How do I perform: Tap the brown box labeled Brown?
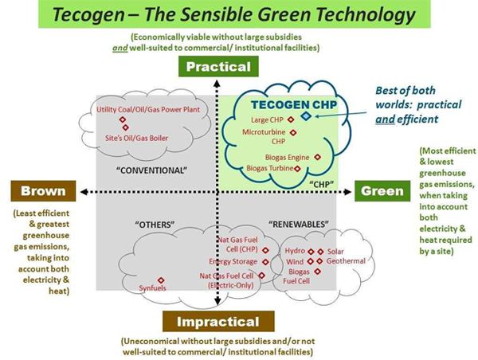pyautogui.click(x=38, y=191)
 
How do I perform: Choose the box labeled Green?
pyautogui.click(x=382, y=191)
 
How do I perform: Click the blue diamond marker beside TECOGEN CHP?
pyautogui.click(x=307, y=115)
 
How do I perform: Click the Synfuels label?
pyautogui.click(x=153, y=288)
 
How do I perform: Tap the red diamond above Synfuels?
pyautogui.click(x=162, y=280)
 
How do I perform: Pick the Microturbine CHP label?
pyautogui.click(x=264, y=136)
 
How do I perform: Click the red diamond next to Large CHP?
pyautogui.click(x=292, y=120)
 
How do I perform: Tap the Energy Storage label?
pyautogui.click(x=233, y=261)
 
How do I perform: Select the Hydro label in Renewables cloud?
pyautogui.click(x=295, y=251)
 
